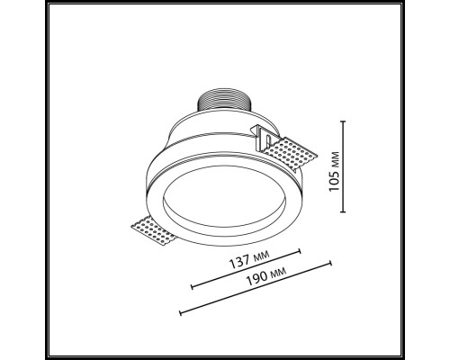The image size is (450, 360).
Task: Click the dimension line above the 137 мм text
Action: [x=247, y=272]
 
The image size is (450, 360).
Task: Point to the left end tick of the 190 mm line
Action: [x=181, y=313]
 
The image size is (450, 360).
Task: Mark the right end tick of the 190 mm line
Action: [x=332, y=263]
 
